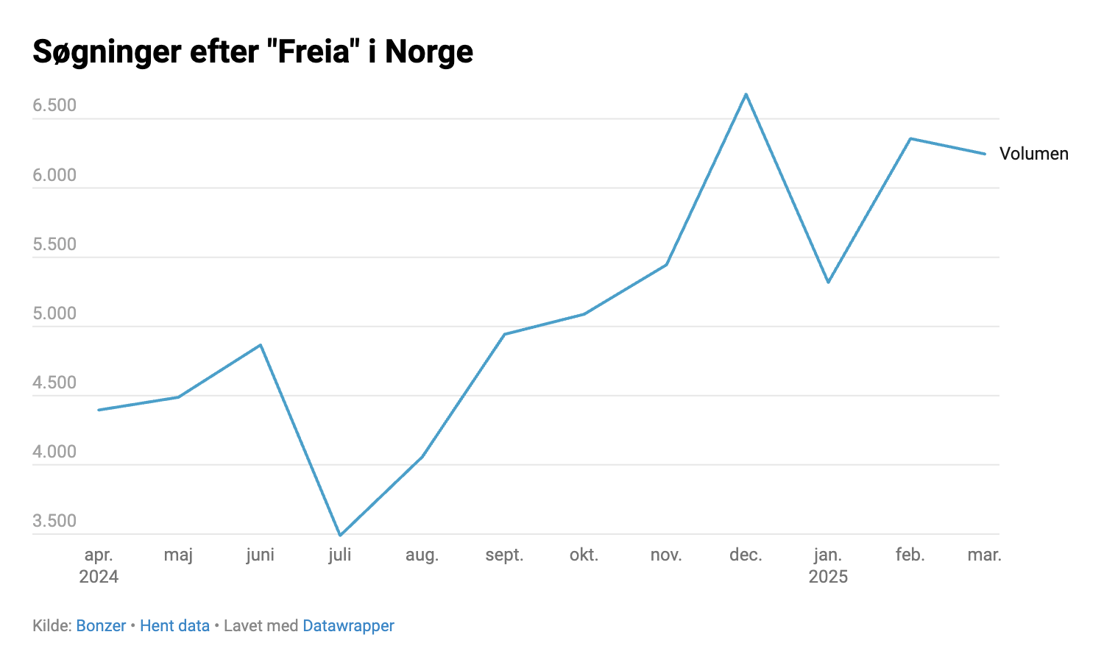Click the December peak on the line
746,94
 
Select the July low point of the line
340,535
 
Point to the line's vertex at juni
261,344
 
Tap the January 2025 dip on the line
828,282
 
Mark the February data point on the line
910,138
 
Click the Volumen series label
1033,154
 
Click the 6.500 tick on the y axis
54,105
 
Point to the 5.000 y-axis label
54,313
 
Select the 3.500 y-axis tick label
54,521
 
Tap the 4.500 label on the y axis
54,383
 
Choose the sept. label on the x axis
504,555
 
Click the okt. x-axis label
584,555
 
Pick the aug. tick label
422,555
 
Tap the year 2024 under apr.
99,577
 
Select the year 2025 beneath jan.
828,577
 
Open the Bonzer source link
101,626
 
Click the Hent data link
174,626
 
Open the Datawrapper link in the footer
348,626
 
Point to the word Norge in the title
429,52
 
